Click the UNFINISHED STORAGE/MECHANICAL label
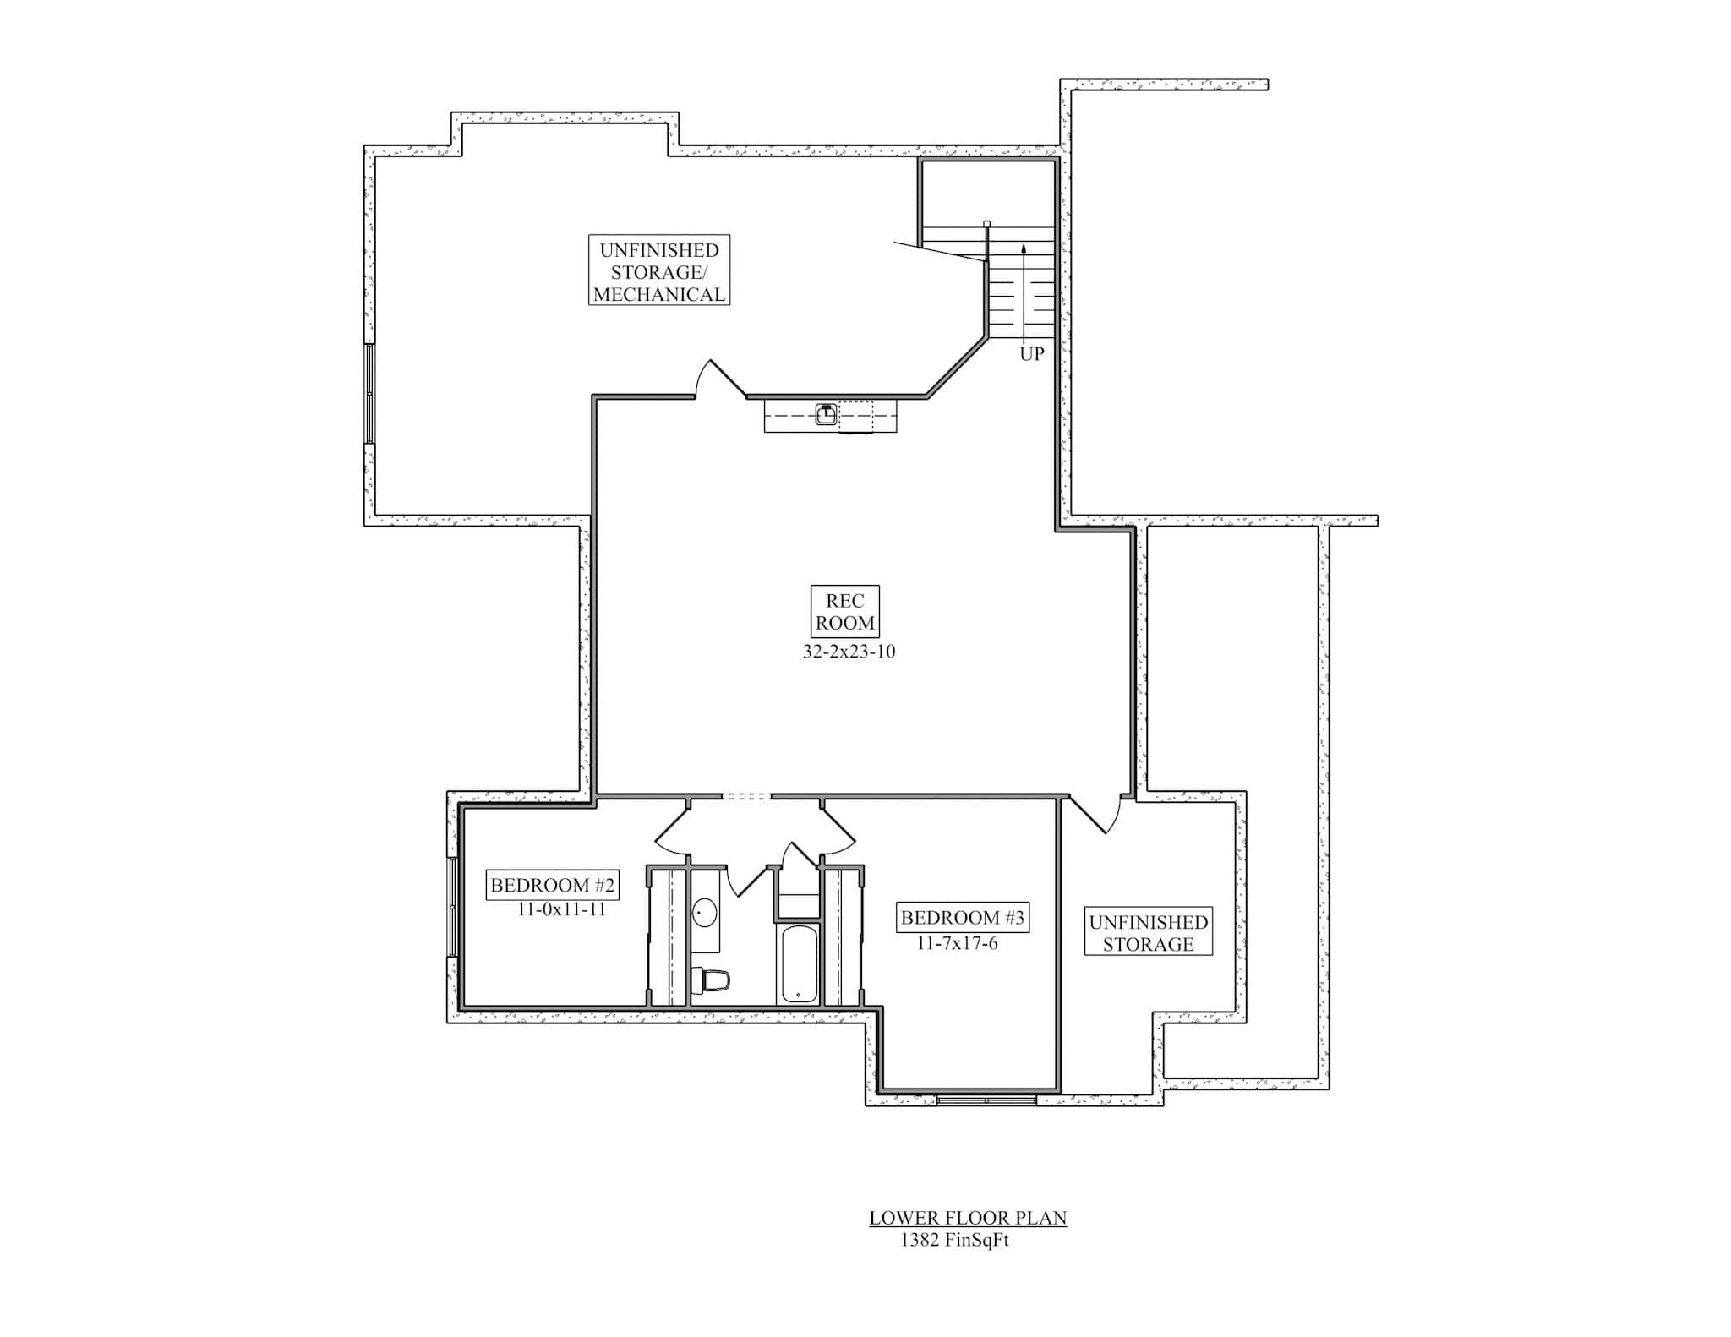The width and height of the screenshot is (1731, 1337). pyautogui.click(x=658, y=271)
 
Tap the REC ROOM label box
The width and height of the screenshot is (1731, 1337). pyautogui.click(x=844, y=612)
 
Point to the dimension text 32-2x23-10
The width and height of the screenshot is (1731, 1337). pyautogui.click(x=848, y=652)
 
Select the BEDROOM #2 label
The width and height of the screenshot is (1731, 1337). pyautogui.click(x=553, y=886)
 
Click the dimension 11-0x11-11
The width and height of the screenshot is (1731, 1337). pyautogui.click(x=561, y=910)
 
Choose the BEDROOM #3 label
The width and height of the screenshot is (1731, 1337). pyautogui.click(x=962, y=918)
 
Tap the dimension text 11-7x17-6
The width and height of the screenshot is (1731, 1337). pyautogui.click(x=957, y=943)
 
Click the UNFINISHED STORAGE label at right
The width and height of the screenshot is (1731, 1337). pyautogui.click(x=1148, y=933)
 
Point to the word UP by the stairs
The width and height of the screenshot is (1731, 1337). pyautogui.click(x=1031, y=354)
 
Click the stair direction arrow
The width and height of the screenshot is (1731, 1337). pyautogui.click(x=1024, y=287)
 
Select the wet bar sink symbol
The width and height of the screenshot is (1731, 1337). pyautogui.click(x=826, y=414)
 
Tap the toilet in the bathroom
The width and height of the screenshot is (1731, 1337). pyautogui.click(x=713, y=981)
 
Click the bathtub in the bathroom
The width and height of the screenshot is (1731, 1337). pyautogui.click(x=799, y=963)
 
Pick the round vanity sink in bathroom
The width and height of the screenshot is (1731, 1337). pyautogui.click(x=705, y=913)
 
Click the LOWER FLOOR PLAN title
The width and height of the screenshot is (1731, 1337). pyautogui.click(x=968, y=1218)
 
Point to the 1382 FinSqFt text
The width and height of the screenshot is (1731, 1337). pyautogui.click(x=954, y=1241)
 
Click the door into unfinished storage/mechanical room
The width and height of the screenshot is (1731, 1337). pyautogui.click(x=718, y=379)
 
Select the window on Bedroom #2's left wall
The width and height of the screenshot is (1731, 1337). pyautogui.click(x=452, y=907)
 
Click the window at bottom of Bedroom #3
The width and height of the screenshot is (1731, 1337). pyautogui.click(x=986, y=1100)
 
